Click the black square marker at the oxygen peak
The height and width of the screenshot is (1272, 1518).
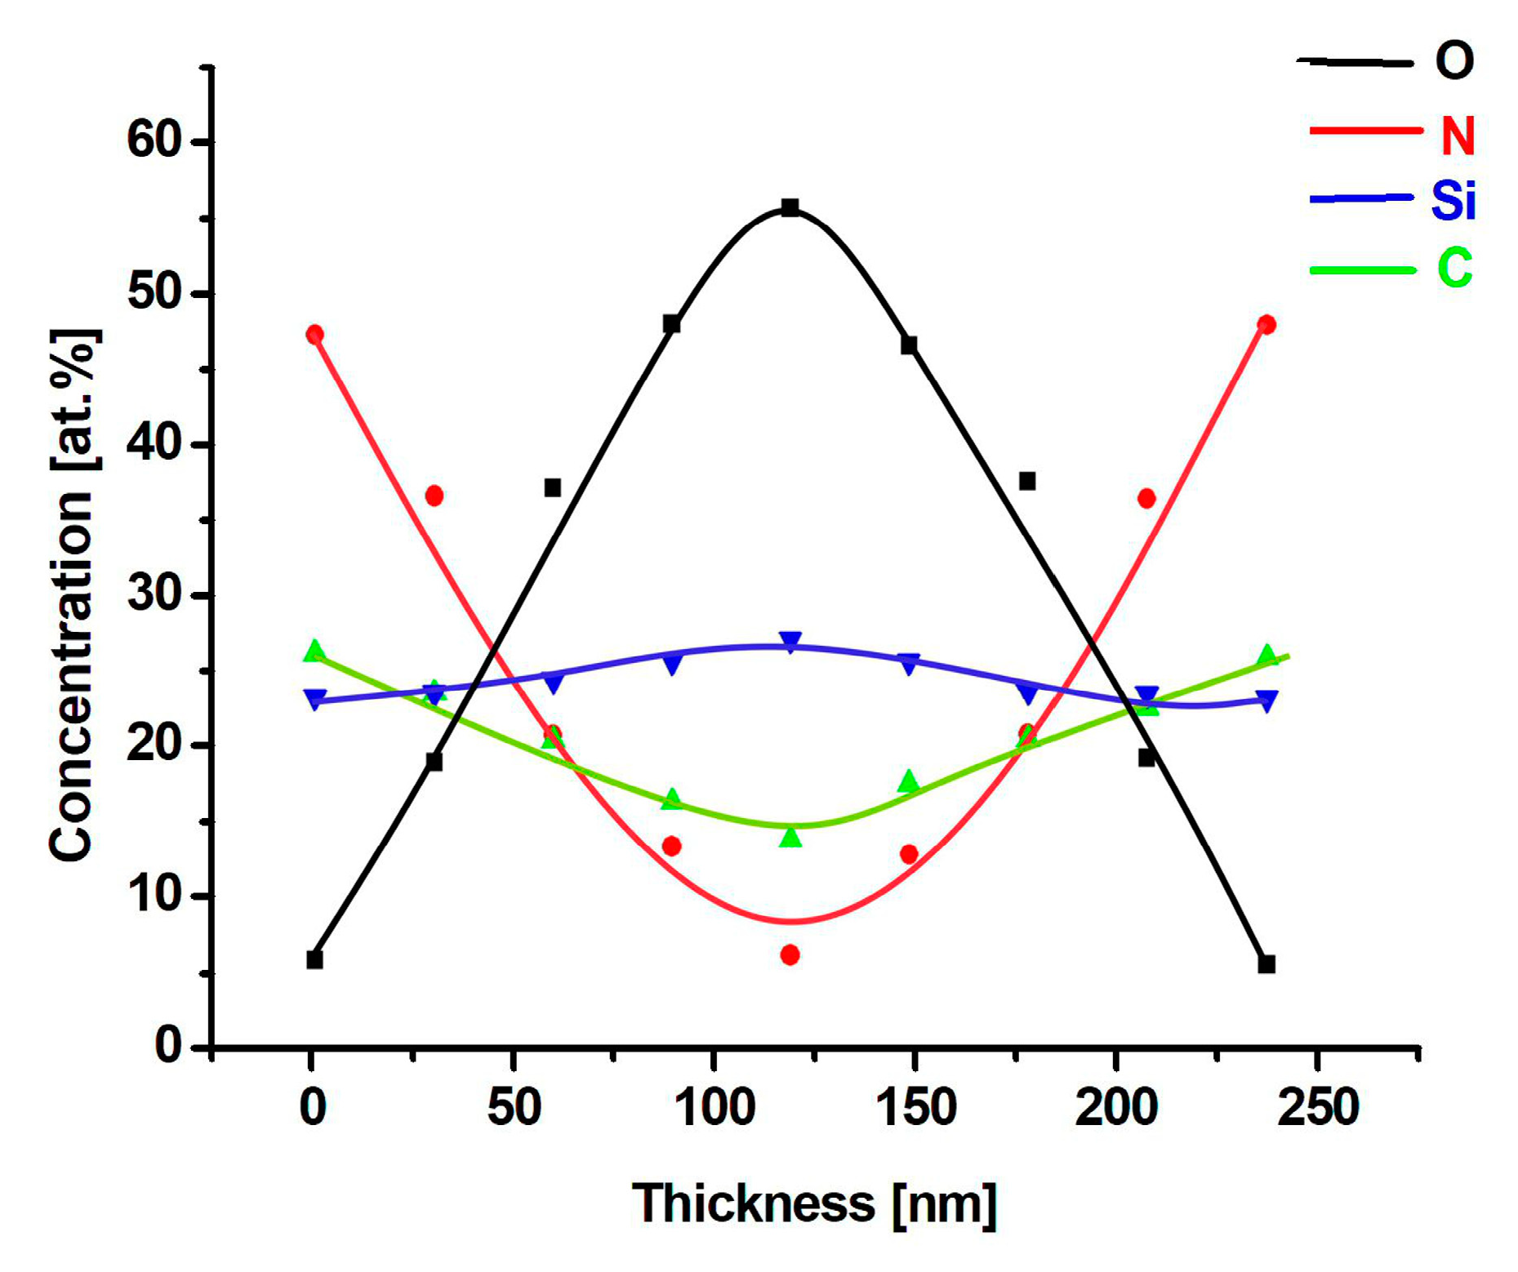click(790, 207)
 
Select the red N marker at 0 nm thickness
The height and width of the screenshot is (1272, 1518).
click(314, 334)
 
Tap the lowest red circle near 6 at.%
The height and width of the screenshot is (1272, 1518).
click(790, 954)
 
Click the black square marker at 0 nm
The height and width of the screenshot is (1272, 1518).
click(314, 959)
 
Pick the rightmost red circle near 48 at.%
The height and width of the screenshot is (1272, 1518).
click(1266, 324)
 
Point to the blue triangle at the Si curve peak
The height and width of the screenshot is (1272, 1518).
click(790, 642)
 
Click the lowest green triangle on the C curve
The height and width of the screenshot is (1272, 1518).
click(790, 837)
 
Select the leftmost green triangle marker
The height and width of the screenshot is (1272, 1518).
click(314, 651)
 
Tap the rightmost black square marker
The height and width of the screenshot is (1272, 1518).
click(1266, 964)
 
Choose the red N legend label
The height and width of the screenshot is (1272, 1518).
click(1457, 135)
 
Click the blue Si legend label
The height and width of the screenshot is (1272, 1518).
click(1453, 200)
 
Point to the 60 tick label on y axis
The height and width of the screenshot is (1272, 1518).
click(154, 140)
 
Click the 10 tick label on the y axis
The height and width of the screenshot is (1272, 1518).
click(154, 894)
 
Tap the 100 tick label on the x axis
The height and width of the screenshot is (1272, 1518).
click(715, 1108)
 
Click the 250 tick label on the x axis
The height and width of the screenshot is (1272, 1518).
click(1317, 1108)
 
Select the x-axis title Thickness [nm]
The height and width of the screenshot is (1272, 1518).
click(814, 1203)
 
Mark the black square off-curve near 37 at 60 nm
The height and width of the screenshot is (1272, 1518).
click(553, 487)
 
